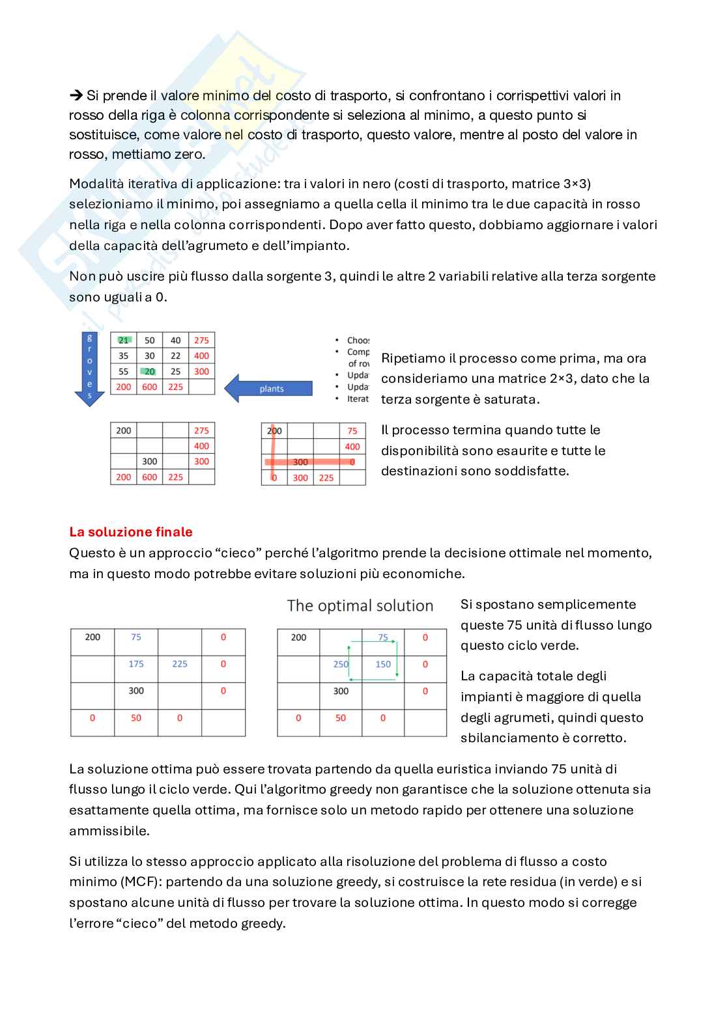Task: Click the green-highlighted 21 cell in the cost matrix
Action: pos(124,340)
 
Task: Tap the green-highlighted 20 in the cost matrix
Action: pos(150,371)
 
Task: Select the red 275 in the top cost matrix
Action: pos(201,340)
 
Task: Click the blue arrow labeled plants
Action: pos(269,388)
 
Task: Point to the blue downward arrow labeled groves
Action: pos(90,368)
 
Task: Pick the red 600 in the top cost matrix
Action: pos(150,387)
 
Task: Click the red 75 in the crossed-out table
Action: pos(352,430)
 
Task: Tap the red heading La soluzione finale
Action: pos(131,532)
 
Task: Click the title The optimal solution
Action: pos(360,605)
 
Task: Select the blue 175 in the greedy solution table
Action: pos(136,664)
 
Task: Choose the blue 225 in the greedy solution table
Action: pos(180,664)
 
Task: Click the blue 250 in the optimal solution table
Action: pos(341,664)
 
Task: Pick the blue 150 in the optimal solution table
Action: pos(383,664)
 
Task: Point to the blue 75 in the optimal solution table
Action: pos(383,637)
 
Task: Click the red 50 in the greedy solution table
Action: pos(136,717)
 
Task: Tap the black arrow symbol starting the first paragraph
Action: pos(76,96)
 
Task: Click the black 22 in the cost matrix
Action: pos(176,355)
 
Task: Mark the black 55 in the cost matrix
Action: pos(124,371)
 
